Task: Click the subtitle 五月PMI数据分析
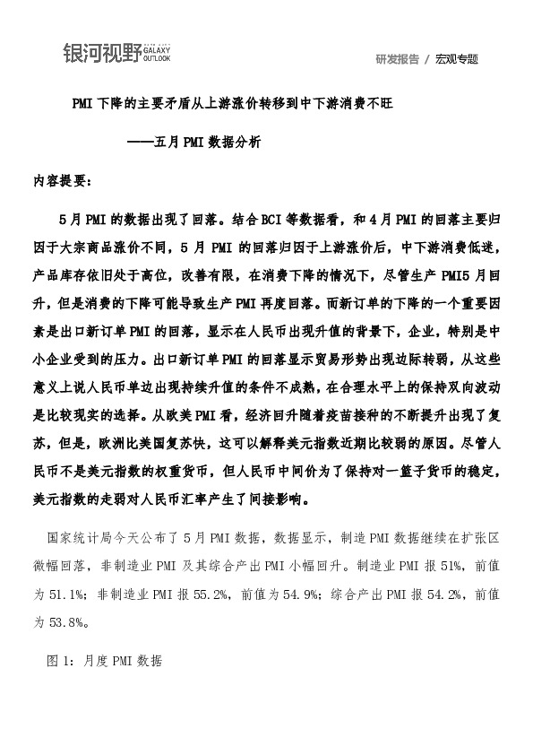click(x=208, y=142)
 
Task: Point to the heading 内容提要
click(x=59, y=179)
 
